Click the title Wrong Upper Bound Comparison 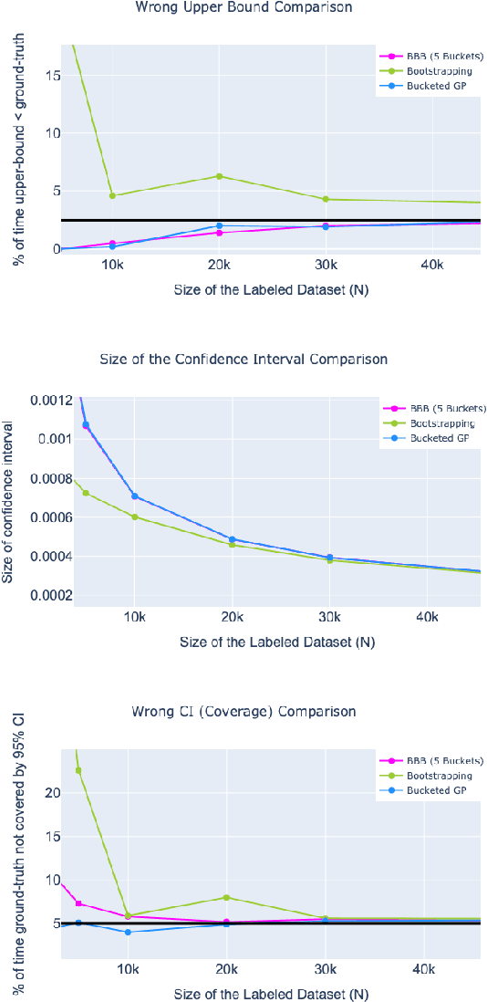[243, 7]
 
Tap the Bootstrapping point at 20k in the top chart [219, 176]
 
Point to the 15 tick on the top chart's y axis [55, 76]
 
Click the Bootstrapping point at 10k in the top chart [112, 195]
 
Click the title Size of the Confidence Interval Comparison [243, 360]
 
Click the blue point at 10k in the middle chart [135, 496]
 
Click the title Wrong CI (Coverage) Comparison [243, 711]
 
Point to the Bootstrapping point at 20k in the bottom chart [226, 898]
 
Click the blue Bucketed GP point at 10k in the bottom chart [128, 932]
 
